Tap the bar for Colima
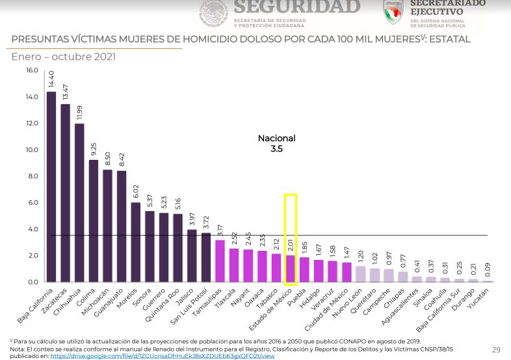93,221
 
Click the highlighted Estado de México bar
290,268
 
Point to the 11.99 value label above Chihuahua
79,112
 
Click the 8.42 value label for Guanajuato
122,159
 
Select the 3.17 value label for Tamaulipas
220,229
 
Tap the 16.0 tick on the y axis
32,70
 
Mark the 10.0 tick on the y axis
32,149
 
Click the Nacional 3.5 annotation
277,143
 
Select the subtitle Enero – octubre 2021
64,57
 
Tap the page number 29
496,350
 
